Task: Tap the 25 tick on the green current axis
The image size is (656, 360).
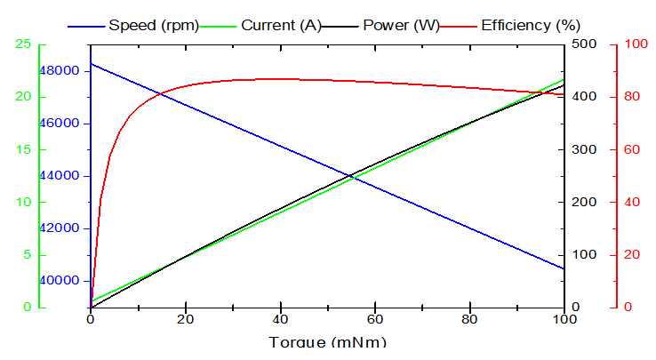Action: (23, 44)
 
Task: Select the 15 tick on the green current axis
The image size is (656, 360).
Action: (23, 149)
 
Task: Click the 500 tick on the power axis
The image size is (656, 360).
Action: (583, 44)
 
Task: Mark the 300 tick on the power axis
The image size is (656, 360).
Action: (583, 149)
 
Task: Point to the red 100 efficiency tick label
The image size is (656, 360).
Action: (635, 44)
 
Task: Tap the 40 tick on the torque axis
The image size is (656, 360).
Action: (280, 320)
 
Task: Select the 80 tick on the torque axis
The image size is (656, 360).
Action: (469, 320)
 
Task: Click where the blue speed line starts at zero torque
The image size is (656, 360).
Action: (91, 63)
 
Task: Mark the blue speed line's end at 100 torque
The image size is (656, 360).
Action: (564, 268)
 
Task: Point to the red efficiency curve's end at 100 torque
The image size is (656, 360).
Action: (564, 94)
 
